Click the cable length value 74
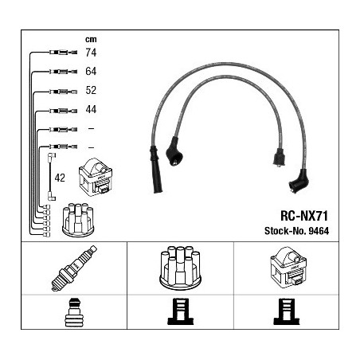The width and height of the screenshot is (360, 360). [91, 53]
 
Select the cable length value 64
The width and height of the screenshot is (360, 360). [91, 71]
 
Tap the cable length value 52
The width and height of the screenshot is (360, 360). [91, 90]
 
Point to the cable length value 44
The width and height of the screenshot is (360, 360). [91, 109]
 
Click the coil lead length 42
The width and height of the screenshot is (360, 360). [60, 178]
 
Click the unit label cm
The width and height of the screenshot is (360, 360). [91, 40]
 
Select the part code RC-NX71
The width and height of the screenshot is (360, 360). [304, 216]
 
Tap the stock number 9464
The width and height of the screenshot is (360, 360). [319, 231]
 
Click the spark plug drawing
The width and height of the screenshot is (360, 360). [74, 268]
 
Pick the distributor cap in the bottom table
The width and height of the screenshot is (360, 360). [180, 268]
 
